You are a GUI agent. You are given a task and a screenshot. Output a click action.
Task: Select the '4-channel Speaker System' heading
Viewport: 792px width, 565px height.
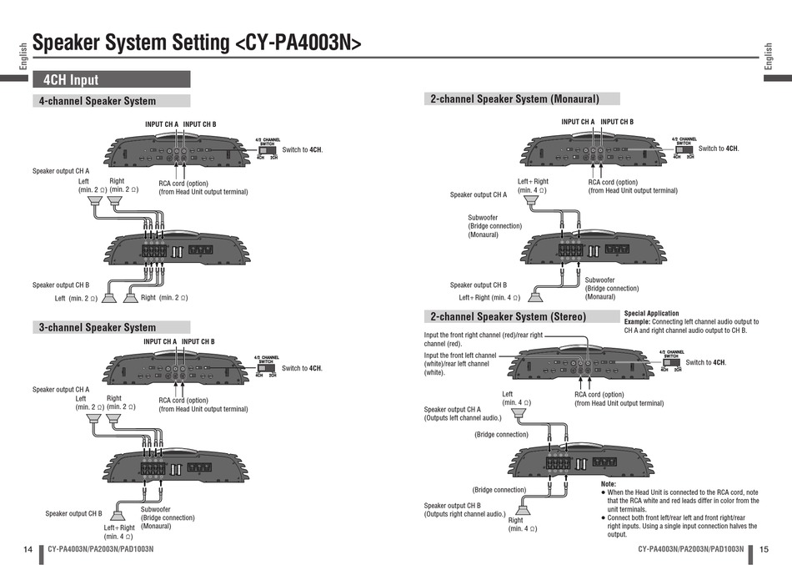[98, 101]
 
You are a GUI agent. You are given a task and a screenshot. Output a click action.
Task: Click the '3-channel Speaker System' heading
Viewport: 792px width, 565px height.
[98, 327]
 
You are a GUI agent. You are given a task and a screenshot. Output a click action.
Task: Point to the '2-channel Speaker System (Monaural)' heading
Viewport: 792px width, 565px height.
[514, 98]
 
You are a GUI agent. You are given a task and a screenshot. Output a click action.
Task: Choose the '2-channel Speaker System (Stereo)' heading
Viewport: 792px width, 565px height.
[508, 316]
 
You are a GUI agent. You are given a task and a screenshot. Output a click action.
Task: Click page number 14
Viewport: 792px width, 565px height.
[28, 549]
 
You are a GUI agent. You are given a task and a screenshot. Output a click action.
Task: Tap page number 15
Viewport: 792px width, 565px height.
[764, 549]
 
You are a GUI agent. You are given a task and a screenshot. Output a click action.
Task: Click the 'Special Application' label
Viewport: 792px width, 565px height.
[651, 314]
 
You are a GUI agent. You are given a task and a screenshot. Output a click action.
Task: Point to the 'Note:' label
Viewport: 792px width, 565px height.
[608, 484]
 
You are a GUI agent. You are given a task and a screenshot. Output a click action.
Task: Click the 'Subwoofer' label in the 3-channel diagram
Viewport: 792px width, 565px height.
[155, 509]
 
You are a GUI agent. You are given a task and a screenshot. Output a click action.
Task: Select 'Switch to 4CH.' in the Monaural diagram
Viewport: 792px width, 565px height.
[718, 149]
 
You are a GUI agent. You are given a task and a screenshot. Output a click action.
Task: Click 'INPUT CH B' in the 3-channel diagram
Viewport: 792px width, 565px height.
[198, 341]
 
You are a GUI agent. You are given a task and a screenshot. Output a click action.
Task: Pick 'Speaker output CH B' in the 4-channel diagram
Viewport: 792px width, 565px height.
[61, 285]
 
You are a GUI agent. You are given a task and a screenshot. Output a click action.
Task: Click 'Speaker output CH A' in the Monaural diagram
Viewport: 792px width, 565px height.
[478, 194]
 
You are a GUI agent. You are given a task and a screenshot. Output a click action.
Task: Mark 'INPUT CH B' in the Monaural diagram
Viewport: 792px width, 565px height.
[617, 122]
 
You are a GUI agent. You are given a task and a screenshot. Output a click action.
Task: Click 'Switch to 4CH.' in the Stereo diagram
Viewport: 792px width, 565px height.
[705, 362]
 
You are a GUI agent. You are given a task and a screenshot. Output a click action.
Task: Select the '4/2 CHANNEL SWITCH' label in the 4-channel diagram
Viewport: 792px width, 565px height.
[267, 142]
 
